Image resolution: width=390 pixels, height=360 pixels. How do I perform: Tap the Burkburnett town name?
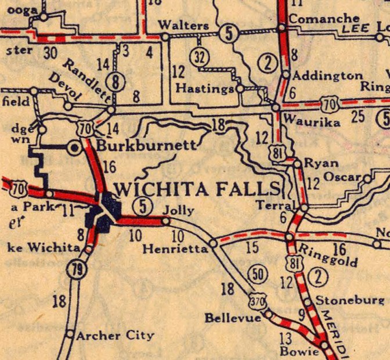(147, 145)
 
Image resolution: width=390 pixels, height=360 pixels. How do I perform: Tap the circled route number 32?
(198, 57)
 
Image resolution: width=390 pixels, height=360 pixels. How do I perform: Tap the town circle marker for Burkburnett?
(75, 147)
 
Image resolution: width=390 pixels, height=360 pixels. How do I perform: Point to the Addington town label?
(327, 75)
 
